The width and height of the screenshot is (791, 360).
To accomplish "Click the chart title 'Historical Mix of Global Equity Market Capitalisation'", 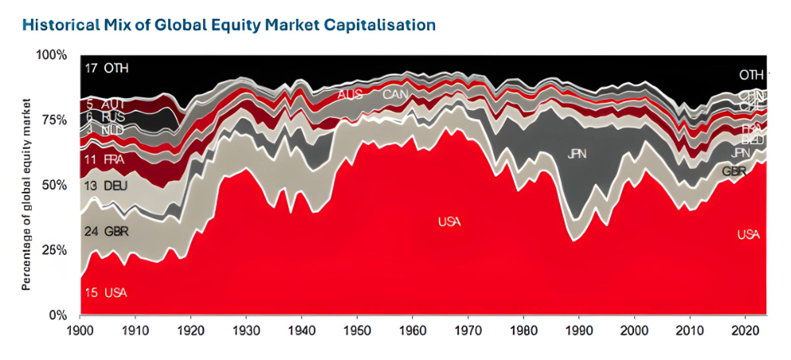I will [229, 25].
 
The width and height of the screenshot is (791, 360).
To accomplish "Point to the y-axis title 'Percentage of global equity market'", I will [26, 194].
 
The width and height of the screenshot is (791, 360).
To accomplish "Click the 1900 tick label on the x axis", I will [80, 330].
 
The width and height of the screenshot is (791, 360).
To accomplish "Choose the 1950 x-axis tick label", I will [357, 330].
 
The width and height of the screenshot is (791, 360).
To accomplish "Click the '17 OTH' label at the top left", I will [106, 68].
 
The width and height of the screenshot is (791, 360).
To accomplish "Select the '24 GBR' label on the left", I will [106, 232].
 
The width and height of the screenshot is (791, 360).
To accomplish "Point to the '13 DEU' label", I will [106, 186].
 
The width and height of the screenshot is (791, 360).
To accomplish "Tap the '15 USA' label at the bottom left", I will [105, 293].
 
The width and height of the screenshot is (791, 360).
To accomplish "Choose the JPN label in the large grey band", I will [577, 154].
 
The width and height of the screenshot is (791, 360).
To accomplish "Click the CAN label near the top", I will [396, 95].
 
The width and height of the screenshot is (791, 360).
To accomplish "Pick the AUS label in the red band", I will [350, 95].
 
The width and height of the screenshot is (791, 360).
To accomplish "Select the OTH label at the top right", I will [750, 75].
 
